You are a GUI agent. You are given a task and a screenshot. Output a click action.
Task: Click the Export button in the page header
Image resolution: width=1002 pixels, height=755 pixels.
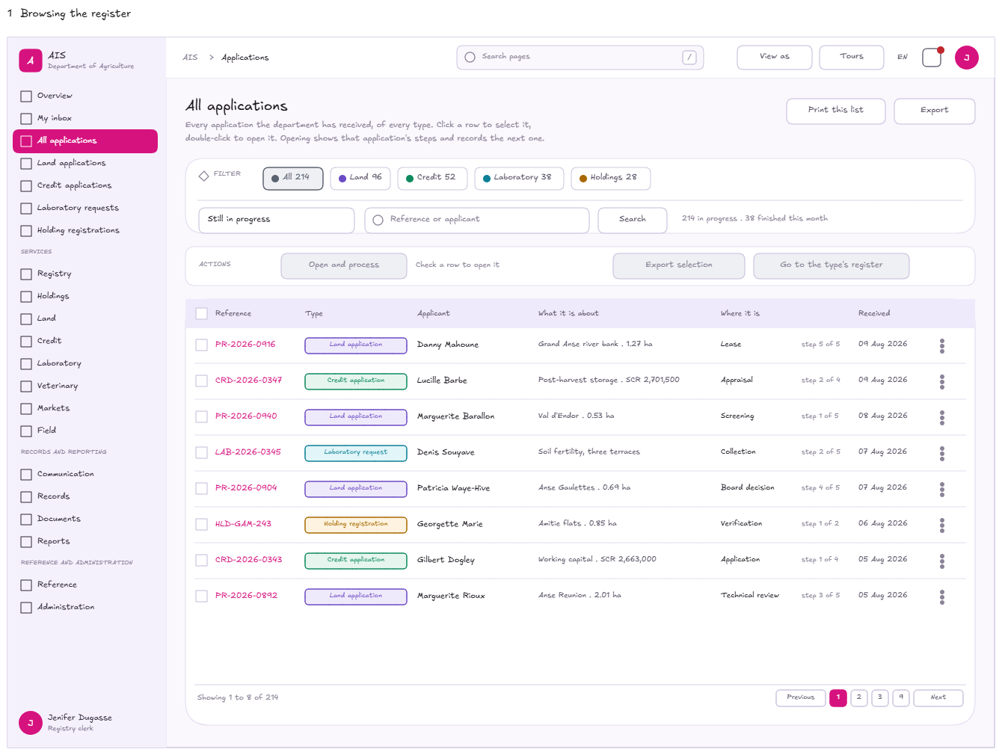tap(933, 111)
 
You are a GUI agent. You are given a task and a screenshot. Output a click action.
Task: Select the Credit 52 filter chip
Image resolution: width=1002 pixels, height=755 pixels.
tap(432, 177)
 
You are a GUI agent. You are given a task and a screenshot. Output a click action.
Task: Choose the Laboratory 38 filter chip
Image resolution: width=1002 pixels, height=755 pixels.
tap(519, 177)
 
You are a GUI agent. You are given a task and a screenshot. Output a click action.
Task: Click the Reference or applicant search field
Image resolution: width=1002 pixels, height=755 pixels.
tap(476, 220)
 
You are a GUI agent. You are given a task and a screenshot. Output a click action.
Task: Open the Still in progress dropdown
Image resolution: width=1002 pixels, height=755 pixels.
tap(276, 220)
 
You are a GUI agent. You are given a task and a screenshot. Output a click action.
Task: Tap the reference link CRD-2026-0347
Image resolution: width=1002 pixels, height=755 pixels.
tap(248, 380)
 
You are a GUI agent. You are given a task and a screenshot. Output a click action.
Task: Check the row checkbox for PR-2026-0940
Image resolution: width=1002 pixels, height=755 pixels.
tap(201, 416)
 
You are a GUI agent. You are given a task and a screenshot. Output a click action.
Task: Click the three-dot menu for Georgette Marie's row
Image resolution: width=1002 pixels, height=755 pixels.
tap(941, 525)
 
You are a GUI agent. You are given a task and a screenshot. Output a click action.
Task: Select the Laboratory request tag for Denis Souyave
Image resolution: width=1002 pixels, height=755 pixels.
tap(356, 452)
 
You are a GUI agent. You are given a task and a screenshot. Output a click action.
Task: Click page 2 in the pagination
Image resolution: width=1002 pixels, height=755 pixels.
tap(858, 697)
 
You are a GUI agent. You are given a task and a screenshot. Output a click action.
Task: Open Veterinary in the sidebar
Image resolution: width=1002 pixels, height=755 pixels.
tap(58, 386)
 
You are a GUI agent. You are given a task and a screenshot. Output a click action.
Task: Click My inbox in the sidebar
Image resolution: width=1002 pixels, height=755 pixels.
tap(55, 118)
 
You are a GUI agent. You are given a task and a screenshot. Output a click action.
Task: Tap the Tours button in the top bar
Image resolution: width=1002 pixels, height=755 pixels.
tap(851, 57)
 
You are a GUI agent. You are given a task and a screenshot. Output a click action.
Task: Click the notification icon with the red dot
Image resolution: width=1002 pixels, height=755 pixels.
tap(931, 58)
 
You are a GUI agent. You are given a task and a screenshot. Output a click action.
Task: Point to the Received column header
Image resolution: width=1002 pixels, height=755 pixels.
tap(873, 313)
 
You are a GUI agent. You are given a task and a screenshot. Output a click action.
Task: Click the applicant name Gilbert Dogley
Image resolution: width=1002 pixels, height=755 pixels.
tap(446, 560)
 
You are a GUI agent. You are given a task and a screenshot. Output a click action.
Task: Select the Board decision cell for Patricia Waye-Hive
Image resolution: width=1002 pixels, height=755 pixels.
tap(747, 487)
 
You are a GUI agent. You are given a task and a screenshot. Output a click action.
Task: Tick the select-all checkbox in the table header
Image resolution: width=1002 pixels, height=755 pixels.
tap(201, 313)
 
